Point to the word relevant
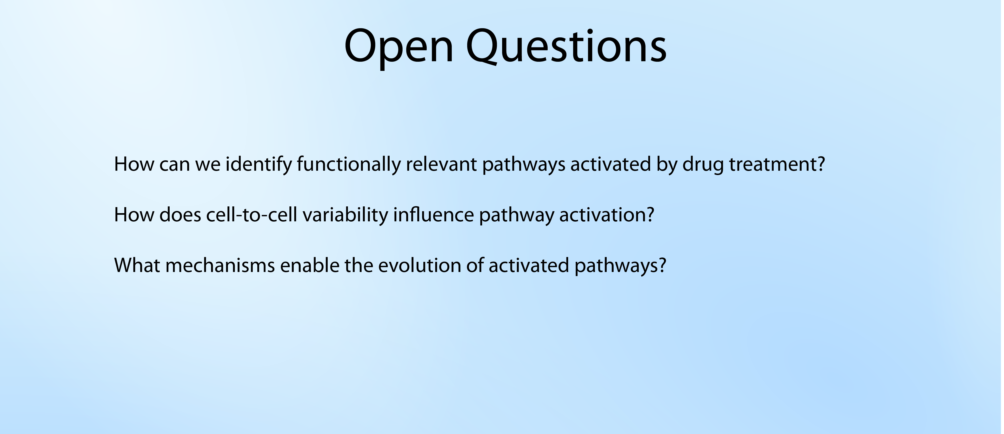click(441, 164)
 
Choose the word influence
click(433, 214)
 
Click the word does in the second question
click(180, 214)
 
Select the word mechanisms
click(220, 265)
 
